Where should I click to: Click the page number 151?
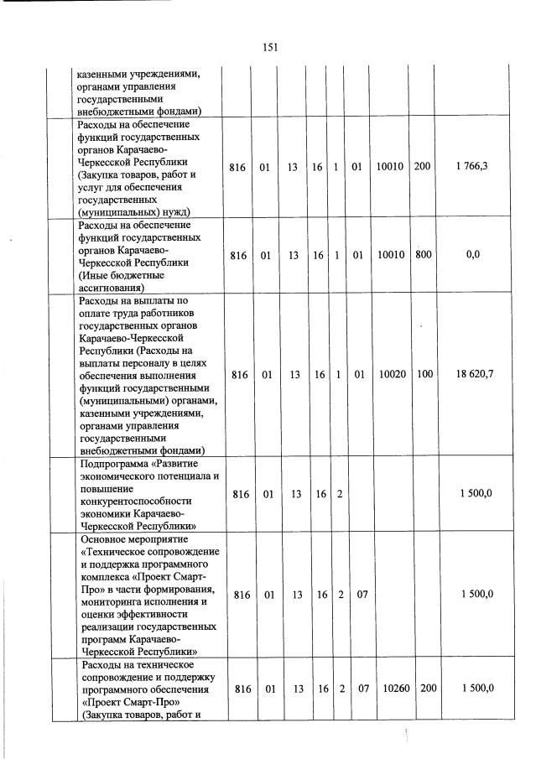point(269,48)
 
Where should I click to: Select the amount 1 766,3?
point(472,167)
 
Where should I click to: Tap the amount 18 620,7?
point(472,373)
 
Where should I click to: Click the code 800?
point(422,255)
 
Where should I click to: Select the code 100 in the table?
point(422,373)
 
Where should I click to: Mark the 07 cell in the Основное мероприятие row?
point(357,595)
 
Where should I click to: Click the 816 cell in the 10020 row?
point(239,373)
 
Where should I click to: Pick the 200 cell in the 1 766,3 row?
point(422,167)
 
